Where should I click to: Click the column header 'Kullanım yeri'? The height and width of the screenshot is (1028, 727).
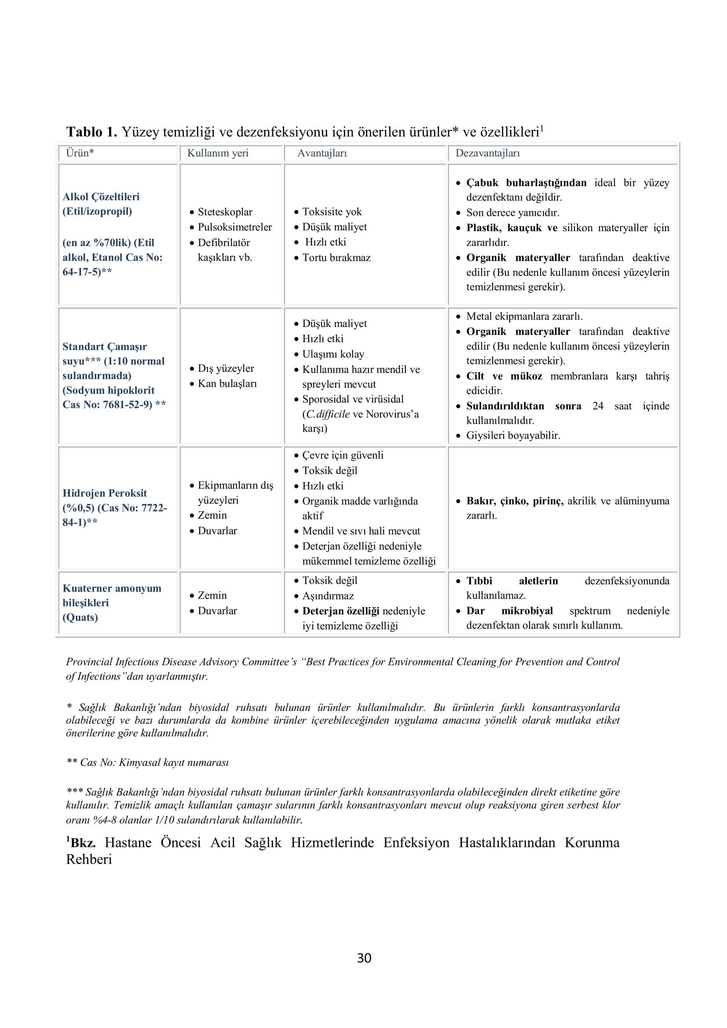(x=218, y=153)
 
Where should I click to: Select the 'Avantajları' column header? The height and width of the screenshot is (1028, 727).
(x=321, y=153)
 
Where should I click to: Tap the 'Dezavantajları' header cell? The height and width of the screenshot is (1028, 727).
(x=487, y=153)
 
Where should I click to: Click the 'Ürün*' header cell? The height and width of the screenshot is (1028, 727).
(x=80, y=153)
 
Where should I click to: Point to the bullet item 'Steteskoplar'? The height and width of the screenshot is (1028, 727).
(x=225, y=212)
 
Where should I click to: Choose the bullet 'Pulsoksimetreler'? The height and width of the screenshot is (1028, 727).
(x=235, y=227)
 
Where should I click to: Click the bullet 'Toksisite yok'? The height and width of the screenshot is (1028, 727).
(x=332, y=212)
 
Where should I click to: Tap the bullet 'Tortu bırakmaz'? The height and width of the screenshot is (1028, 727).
(x=336, y=258)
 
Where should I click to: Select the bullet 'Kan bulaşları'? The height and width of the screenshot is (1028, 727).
(x=227, y=383)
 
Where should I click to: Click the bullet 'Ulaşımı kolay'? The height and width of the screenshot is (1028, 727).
(x=333, y=354)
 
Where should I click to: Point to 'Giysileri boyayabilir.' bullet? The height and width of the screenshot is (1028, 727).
(x=513, y=435)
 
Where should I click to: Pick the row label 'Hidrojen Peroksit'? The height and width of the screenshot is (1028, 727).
(x=104, y=493)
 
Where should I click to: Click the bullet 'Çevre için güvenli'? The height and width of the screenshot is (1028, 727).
(x=343, y=455)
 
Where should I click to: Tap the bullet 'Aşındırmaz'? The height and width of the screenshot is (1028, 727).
(x=328, y=596)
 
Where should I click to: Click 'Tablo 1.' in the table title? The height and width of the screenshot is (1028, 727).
(x=91, y=132)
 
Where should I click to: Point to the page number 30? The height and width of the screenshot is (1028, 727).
(x=364, y=958)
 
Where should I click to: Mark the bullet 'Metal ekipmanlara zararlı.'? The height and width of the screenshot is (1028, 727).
(x=524, y=316)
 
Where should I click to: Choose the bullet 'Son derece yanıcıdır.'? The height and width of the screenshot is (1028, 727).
(x=512, y=212)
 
